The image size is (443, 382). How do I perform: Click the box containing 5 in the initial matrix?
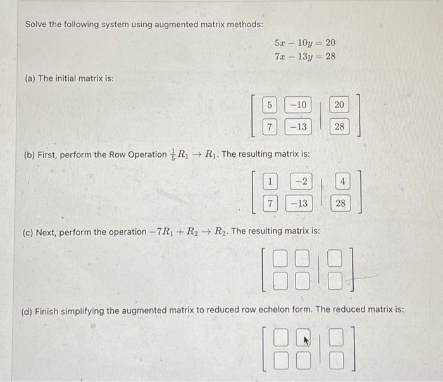coord(270,104)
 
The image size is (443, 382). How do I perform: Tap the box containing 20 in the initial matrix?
coord(339,104)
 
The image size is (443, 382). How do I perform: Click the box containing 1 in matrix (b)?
coord(270,182)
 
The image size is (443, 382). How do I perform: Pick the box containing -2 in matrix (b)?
coord(301,182)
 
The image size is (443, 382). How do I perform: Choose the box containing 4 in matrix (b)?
coord(341,182)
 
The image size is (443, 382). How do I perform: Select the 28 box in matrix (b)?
coord(341,204)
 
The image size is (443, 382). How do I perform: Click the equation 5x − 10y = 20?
coord(305,43)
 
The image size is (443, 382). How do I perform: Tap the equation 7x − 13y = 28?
coord(305,56)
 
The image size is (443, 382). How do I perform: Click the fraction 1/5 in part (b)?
coord(172,154)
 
